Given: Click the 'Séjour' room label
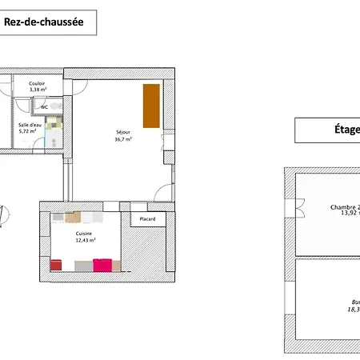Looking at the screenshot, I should tap(122, 132).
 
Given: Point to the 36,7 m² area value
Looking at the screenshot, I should tap(122, 139).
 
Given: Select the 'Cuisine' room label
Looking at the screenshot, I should tap(83, 234).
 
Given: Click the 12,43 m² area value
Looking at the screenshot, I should tap(83, 240).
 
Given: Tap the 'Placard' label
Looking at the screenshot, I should tap(147, 218).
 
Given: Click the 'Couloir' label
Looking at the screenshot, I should tap(37, 84).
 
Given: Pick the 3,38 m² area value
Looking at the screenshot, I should tap(38, 90).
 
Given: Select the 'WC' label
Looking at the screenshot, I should tap(44, 107).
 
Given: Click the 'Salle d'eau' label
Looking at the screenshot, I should tap(31, 125).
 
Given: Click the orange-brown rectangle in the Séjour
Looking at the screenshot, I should tap(150, 105).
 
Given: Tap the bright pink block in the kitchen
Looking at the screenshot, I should tap(102, 265).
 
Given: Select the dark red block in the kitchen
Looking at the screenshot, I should tap(56, 265).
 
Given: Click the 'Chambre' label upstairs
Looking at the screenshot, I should tap(344, 207).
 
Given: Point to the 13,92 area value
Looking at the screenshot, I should tap(349, 214).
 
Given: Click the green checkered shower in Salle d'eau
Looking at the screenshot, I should tap(54, 124).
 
